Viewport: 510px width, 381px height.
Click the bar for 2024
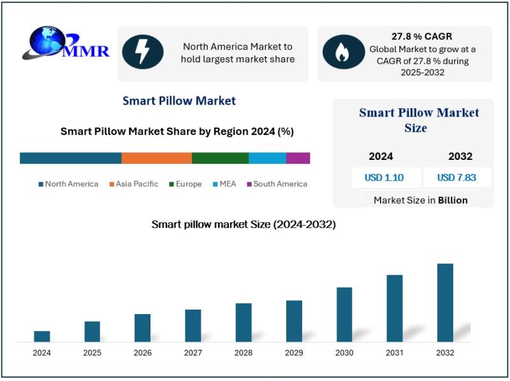click(x=42, y=336)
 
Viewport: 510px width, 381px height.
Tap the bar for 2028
click(x=244, y=322)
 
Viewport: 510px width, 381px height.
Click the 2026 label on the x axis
click(x=143, y=353)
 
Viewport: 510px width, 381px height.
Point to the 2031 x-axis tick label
click(x=395, y=353)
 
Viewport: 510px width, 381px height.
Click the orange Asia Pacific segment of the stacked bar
click(x=156, y=158)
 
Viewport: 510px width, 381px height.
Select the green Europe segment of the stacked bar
click(x=220, y=158)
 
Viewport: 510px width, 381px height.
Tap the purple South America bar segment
click(x=298, y=158)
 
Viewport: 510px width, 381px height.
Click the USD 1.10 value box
click(x=384, y=178)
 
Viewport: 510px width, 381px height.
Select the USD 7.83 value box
click(x=456, y=178)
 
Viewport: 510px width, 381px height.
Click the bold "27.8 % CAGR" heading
click(x=421, y=36)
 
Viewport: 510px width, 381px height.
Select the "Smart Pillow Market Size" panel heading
click(x=419, y=120)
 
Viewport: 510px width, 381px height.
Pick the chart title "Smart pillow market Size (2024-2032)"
click(x=244, y=224)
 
